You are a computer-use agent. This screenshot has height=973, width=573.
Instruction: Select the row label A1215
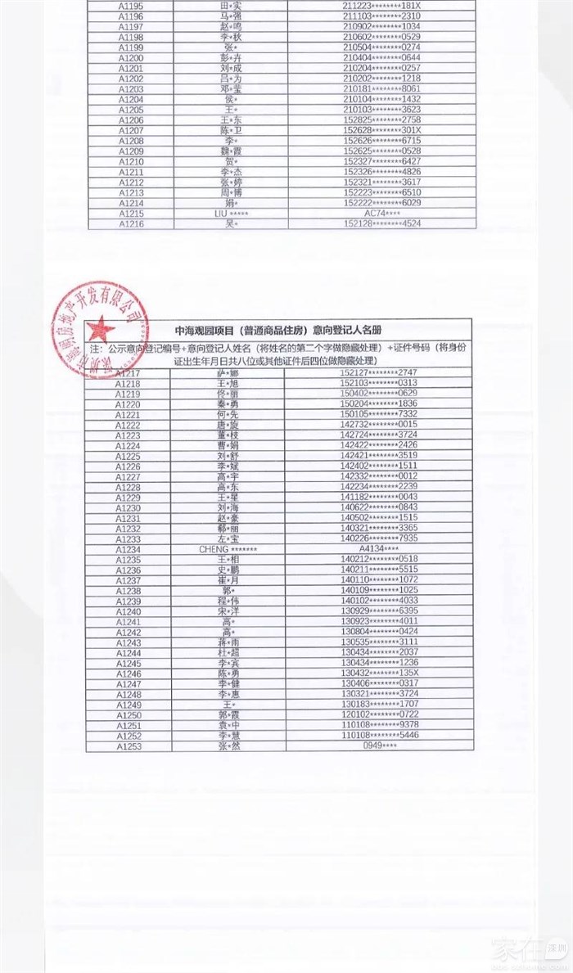[131, 213]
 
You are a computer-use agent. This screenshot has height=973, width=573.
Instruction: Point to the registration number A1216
[131, 223]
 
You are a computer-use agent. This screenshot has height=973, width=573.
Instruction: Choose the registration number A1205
[131, 109]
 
